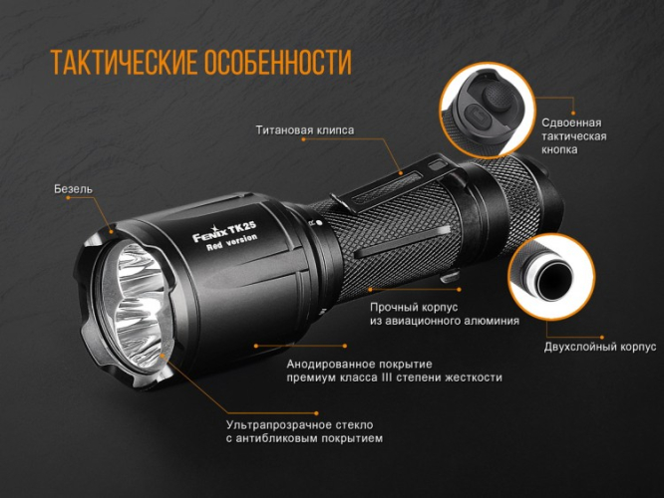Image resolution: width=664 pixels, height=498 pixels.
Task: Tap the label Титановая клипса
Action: [304, 129]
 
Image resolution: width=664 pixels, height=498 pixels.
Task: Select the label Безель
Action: [75, 189]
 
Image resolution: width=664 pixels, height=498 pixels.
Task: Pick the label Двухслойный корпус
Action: [599, 347]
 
